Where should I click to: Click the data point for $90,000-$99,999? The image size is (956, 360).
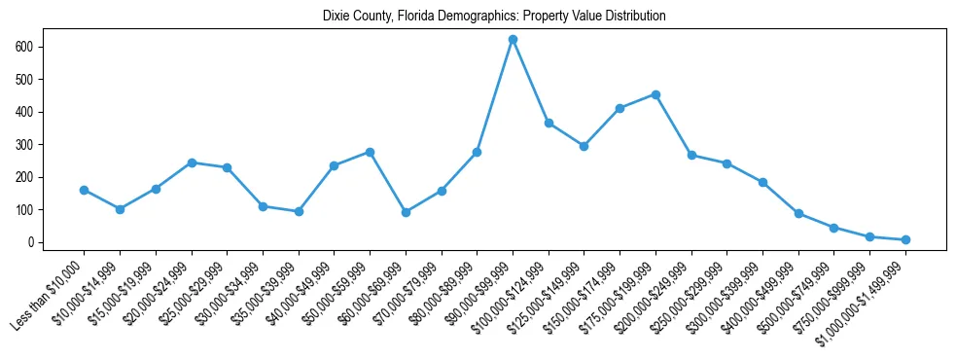point(513,40)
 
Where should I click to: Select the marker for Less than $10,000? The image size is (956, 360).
point(84,190)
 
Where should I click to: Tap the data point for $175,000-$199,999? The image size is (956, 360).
point(655,94)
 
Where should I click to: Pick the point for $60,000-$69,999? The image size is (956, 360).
point(406,212)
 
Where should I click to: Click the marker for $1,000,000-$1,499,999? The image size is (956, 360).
point(905,239)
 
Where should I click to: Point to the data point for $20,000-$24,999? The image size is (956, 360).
point(192,162)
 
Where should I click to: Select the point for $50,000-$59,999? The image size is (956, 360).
point(370,152)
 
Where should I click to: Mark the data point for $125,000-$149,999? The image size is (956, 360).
point(584,146)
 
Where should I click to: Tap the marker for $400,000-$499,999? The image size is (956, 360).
point(798,213)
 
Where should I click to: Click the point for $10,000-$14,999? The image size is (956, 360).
point(120,209)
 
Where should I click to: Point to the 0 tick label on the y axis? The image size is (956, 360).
point(32,242)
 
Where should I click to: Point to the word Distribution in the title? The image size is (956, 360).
point(632,17)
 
